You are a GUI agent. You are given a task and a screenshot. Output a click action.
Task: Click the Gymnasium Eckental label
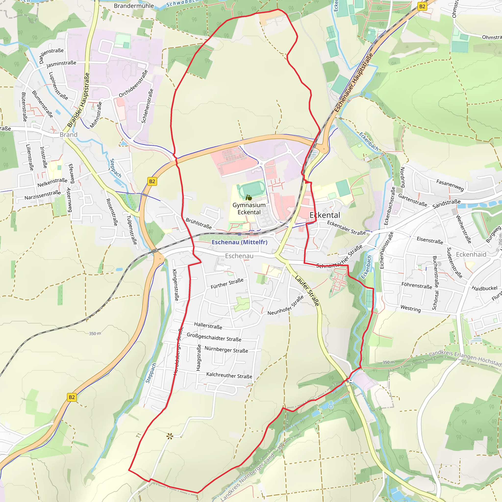coord(249,209)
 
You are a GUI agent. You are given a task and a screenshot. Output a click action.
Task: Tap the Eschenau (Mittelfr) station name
coord(239,242)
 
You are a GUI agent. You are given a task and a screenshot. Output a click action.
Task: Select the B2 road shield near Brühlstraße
coord(152,181)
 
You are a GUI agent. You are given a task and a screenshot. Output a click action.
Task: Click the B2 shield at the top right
coord(422,7)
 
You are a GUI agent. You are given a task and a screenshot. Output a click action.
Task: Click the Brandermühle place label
coord(134,6)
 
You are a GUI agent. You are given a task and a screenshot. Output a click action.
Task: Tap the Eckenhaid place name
coord(471,254)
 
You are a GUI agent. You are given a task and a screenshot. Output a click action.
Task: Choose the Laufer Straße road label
coord(307,291)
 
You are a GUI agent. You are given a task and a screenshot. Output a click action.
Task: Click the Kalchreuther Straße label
coord(229,375)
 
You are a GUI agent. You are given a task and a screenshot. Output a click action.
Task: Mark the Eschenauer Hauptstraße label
coord(353,83)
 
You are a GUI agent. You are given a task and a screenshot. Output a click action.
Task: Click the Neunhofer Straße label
coord(286,305)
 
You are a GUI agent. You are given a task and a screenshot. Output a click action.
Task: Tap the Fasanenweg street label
coord(450,185)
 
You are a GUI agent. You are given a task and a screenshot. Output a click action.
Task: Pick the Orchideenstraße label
coord(133,84)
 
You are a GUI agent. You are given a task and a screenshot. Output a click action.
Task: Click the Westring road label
coord(411,308)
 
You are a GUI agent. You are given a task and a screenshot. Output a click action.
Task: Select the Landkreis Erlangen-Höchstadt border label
coord(465,358)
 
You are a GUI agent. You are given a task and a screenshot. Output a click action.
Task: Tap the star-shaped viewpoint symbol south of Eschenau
coord(170,436)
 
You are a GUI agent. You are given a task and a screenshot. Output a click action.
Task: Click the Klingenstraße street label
coord(176,285)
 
